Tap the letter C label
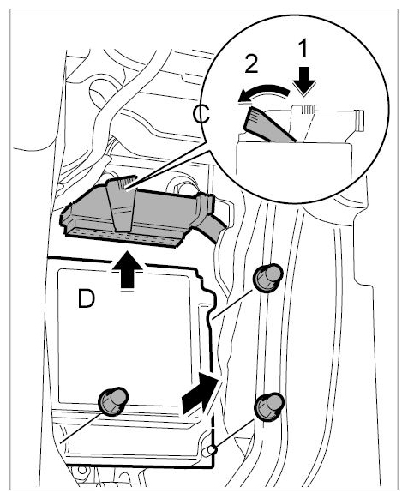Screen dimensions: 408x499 click(201, 115)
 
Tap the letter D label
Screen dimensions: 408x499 click(87, 299)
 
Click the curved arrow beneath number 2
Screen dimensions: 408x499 click(264, 92)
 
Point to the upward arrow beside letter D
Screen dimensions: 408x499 click(127, 270)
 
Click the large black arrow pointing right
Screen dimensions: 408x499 click(201, 393)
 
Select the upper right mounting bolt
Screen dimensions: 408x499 click(267, 278)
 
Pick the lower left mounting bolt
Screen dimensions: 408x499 click(113, 401)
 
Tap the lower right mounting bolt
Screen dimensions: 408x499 click(269, 407)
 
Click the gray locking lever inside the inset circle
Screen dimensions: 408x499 click(267, 125)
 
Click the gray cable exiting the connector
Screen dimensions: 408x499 click(213, 228)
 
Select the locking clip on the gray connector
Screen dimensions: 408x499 click(122, 203)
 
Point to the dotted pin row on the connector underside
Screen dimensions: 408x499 click(122, 237)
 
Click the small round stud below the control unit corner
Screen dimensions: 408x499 click(212, 450)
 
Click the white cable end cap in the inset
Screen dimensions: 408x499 click(359, 121)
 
